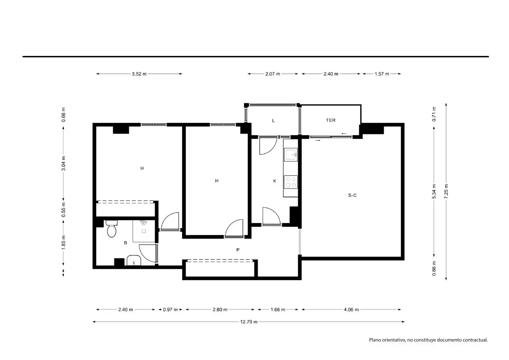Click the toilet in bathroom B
click(x=111, y=228)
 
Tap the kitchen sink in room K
click(x=291, y=154)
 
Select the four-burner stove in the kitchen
click(x=291, y=182)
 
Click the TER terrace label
click(x=331, y=120)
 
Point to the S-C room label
click(x=352, y=195)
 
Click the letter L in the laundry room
click(x=274, y=121)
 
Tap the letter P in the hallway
click(x=238, y=250)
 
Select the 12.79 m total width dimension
click(x=249, y=322)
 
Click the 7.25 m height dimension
click(x=446, y=191)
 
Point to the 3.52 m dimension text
click(x=139, y=74)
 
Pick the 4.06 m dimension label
click(x=351, y=310)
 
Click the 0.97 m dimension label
click(x=170, y=310)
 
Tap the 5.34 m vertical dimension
click(x=434, y=191)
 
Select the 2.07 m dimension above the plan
click(x=273, y=74)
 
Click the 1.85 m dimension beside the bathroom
click(x=63, y=242)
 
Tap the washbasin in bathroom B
click(x=134, y=260)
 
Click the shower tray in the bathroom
click(x=144, y=231)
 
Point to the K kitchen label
click(x=275, y=181)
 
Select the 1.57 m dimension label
click(x=382, y=74)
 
